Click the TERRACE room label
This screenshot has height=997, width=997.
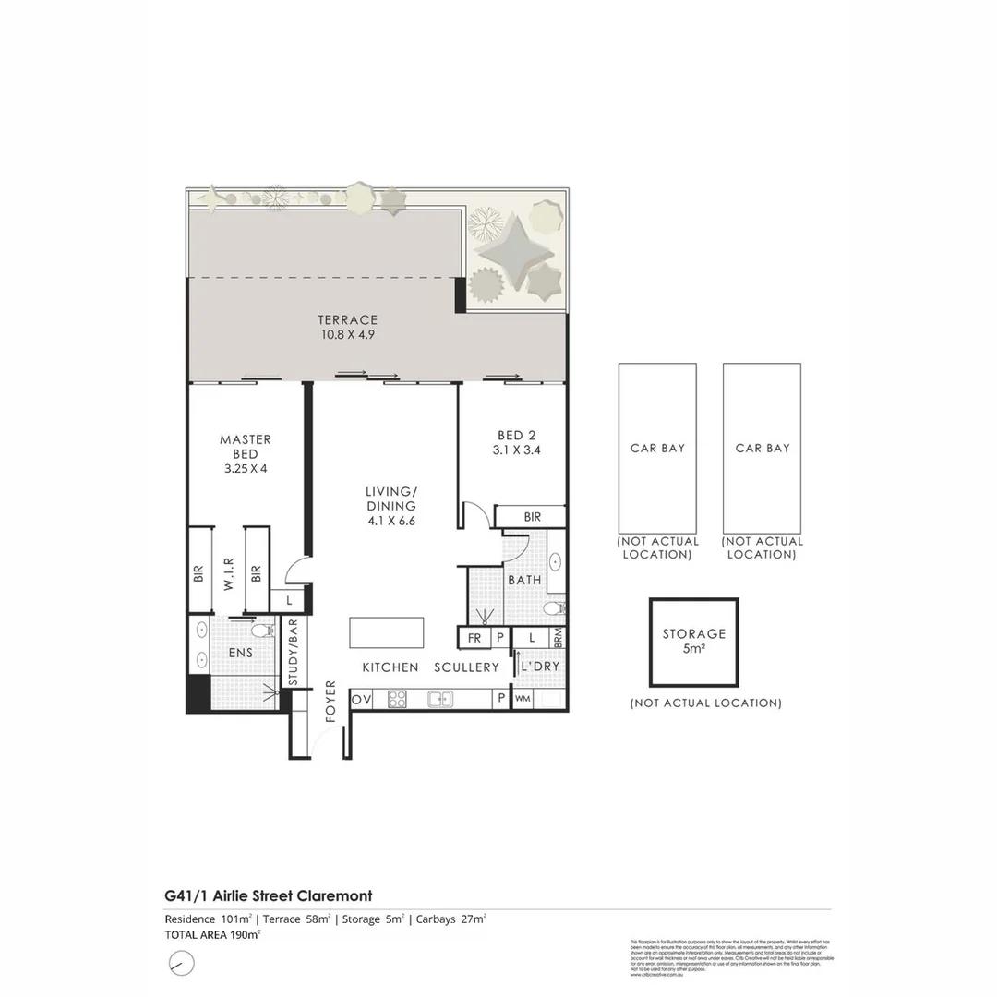(348, 320)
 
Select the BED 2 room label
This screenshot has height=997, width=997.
(517, 436)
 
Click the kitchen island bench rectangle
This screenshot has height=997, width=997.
(386, 635)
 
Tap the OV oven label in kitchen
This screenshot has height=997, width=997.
(361, 700)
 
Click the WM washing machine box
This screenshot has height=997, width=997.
(523, 700)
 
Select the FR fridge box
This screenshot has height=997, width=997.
(474, 638)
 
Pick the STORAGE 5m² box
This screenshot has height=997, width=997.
(693, 642)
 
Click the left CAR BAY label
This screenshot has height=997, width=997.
(657, 448)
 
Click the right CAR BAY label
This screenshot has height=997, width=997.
(763, 448)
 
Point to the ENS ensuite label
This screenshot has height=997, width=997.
(240, 653)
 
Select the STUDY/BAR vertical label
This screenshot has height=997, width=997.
(294, 653)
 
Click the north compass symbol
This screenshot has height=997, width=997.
(182, 963)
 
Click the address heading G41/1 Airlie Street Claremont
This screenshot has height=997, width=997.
(269, 895)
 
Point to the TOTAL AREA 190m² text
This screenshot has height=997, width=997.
(212, 934)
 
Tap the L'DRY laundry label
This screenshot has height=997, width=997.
(540, 667)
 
